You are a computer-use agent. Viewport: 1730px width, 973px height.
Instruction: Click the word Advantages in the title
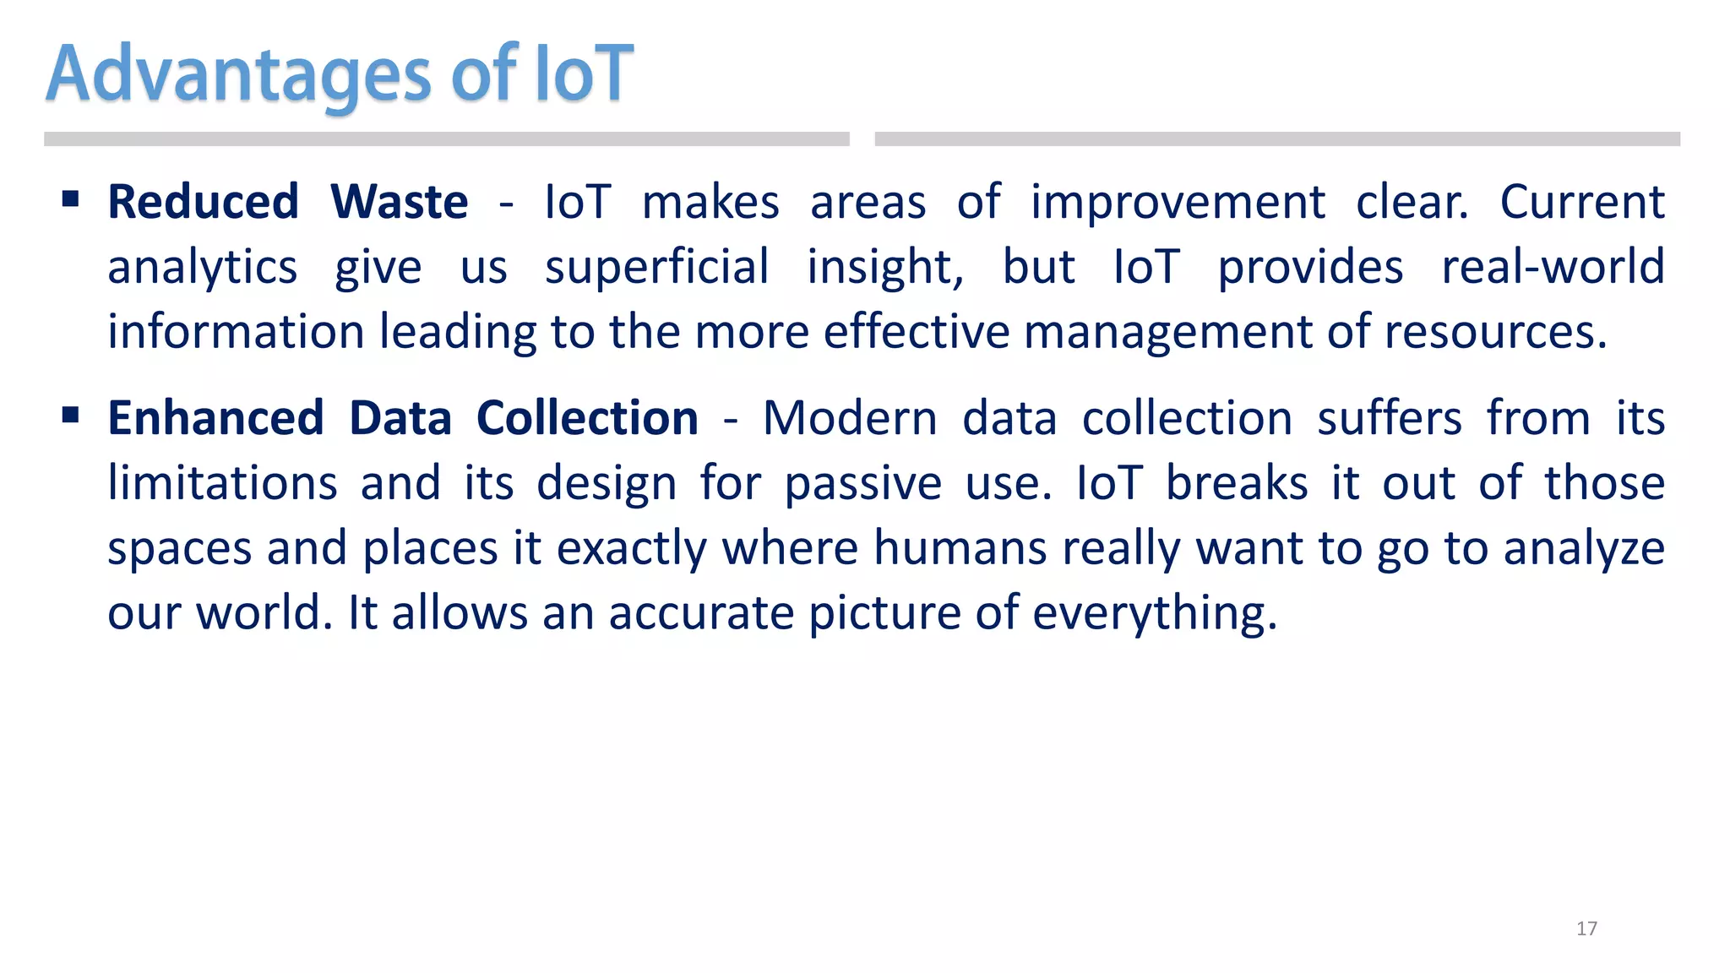239,76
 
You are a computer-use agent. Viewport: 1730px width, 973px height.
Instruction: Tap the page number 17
1586,929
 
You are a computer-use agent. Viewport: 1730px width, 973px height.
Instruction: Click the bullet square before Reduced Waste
71,200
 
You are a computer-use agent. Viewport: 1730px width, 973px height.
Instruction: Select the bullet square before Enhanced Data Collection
71,416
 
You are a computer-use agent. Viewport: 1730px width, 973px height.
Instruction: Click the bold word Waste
400,203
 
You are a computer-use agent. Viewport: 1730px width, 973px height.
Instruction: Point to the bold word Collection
587,419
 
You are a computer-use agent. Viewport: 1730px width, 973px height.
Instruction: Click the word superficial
656,268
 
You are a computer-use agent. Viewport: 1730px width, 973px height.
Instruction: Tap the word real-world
1553,268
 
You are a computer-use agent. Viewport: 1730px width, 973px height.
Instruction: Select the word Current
1581,203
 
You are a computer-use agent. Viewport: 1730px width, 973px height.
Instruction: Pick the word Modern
850,419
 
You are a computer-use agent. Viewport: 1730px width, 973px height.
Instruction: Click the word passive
862,485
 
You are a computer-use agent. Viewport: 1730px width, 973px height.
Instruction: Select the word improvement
1178,204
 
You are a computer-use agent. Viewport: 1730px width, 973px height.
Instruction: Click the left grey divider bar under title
446,139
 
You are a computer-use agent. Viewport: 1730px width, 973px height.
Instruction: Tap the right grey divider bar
1277,139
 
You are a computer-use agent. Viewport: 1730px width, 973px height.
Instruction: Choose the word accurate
701,614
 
